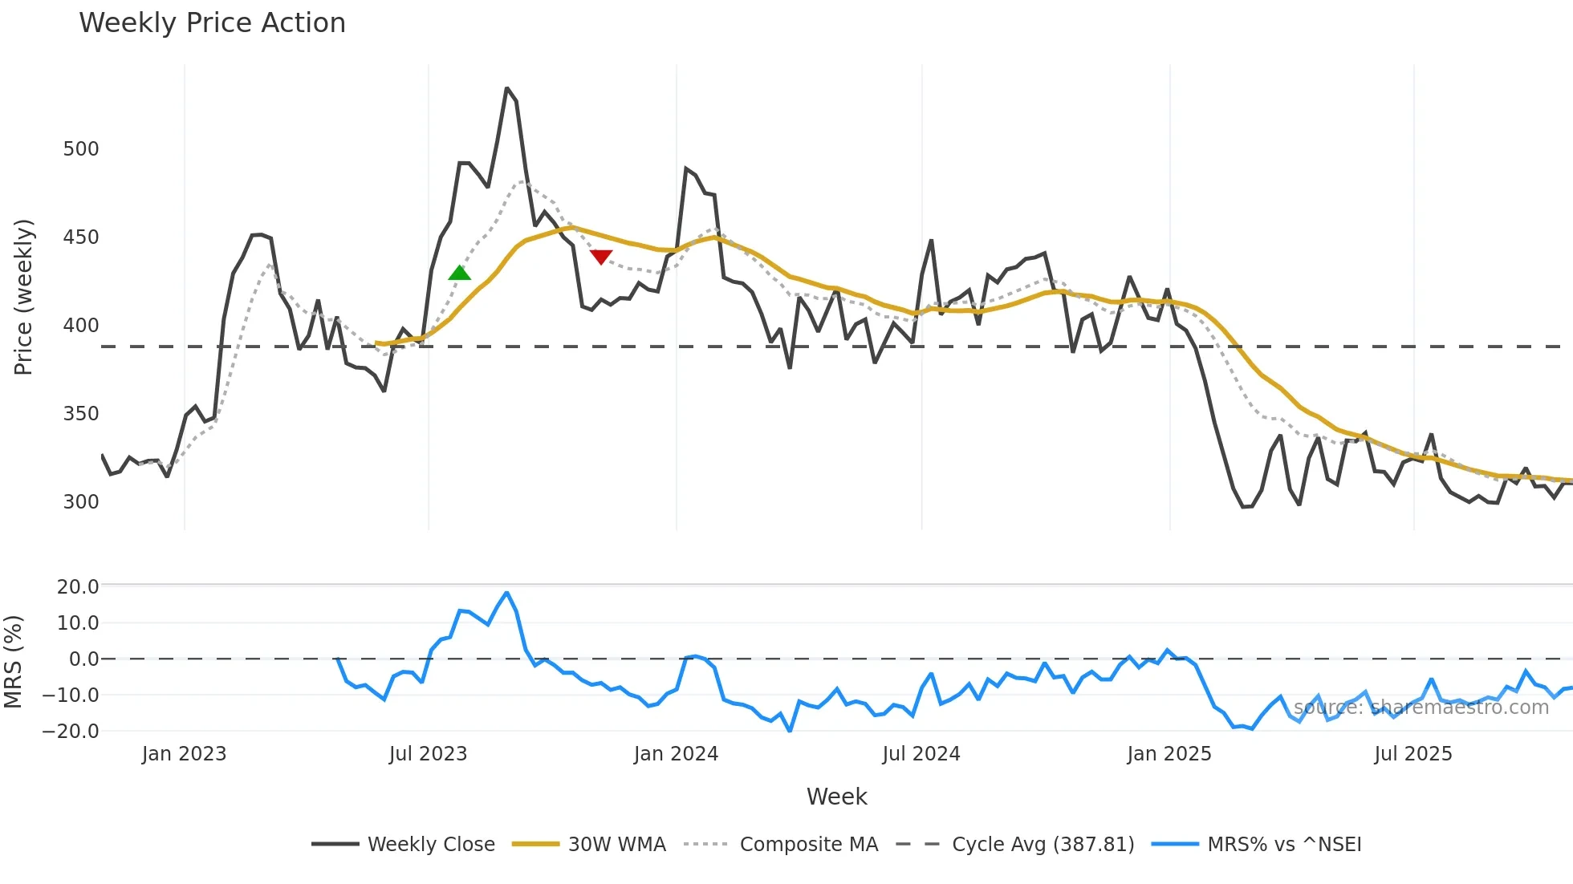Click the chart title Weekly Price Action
212,23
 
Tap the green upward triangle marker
459,273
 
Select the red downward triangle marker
601,257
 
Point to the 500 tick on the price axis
81,149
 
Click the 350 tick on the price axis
81,414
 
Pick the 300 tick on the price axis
81,502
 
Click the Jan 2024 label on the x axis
676,754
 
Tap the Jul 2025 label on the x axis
1412,754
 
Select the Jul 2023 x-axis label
428,754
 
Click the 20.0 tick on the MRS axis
78,587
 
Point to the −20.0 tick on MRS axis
71,732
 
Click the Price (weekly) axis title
24,297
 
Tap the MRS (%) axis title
13,662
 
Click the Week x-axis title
836,797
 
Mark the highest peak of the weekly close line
507,88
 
